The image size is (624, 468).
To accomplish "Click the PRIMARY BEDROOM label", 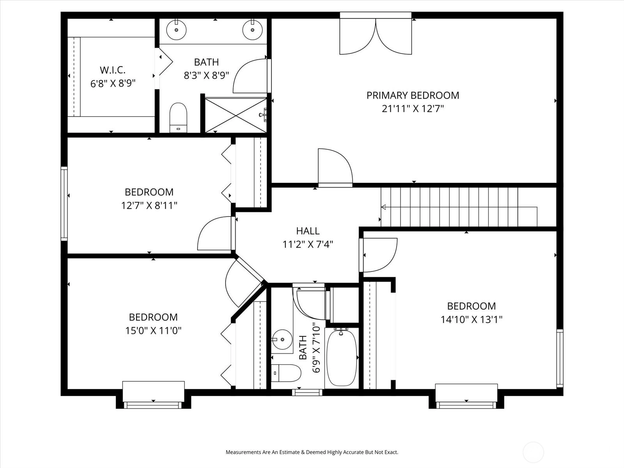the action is pos(413,96).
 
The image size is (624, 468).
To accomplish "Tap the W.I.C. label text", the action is pos(113,70).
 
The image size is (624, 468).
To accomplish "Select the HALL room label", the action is pos(308,231).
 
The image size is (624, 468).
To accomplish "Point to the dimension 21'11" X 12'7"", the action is pos(413,109).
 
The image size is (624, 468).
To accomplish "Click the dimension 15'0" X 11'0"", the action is pos(153,331).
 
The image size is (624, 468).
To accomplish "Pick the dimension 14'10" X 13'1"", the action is pos(472,320).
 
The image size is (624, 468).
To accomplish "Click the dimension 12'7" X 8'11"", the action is pos(149,206).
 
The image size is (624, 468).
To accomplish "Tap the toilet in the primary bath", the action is pos(178,118).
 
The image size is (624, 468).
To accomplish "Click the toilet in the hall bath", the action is pos(286,373).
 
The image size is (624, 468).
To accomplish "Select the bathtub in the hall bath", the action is pos(341,358).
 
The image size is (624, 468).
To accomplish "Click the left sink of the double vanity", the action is pos(176,29).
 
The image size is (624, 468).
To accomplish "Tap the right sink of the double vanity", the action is pos(252,29).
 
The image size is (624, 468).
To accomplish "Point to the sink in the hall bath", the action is pos(282,340).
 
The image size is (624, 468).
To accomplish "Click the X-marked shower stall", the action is pos(236,115).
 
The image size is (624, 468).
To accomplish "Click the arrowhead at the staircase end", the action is pos(383,207).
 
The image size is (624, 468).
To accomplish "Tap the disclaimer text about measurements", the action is pos(312,452).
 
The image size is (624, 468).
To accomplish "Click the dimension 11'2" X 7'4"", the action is pos(308,245).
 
